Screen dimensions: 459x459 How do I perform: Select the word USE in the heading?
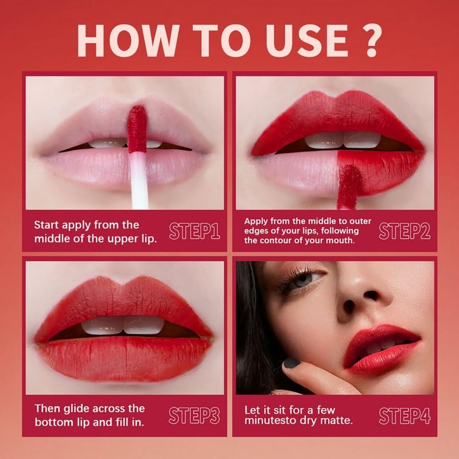pos(306,40)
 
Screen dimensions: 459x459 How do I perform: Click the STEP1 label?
pos(195,231)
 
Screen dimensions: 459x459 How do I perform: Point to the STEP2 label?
pos(404,231)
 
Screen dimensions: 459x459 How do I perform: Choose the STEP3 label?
pos(195,415)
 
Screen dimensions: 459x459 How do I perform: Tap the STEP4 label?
pos(404,415)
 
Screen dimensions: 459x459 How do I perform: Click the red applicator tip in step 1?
pos(137,129)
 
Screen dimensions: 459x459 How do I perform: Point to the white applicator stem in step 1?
pos(139,180)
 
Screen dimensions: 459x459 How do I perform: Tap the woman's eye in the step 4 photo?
pos(305,277)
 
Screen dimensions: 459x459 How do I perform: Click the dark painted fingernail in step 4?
pos(292,363)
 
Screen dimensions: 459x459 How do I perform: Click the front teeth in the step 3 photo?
pos(123,325)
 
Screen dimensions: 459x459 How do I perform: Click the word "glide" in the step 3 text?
pos(71,409)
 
